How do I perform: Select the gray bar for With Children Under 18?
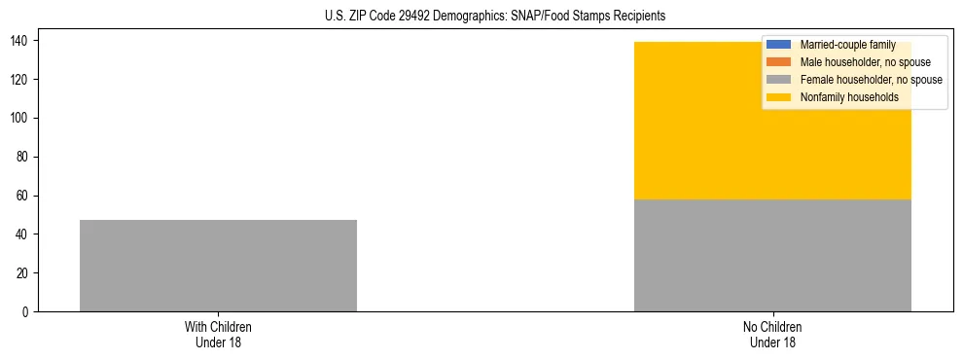(x=218, y=266)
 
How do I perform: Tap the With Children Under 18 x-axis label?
(x=218, y=334)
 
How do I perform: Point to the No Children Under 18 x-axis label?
(x=772, y=334)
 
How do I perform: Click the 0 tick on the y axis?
(x=28, y=312)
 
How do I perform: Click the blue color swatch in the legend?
(x=780, y=45)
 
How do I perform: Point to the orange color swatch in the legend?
(x=780, y=62)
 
